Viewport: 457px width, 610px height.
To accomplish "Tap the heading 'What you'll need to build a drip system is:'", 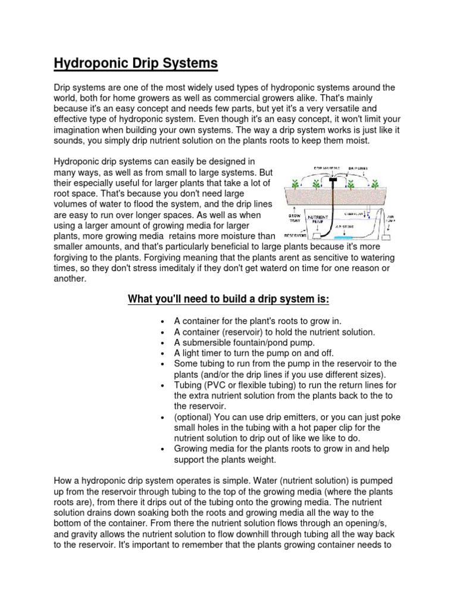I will click(x=228, y=298).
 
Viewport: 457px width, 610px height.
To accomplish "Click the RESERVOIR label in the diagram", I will click(x=295, y=235).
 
